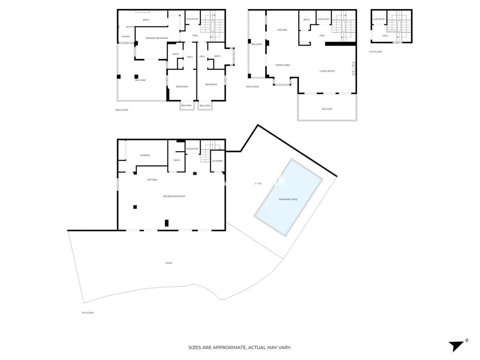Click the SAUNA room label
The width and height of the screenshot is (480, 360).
[x=126, y=36]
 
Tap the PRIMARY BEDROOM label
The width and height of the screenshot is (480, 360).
[x=156, y=38]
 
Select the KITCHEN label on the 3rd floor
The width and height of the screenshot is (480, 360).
[x=282, y=30]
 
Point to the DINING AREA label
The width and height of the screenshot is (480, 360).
[x=282, y=65]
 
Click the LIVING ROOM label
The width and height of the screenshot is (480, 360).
[x=327, y=71]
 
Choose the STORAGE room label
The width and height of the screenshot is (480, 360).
[x=145, y=155]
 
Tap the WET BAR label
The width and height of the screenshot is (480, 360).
[x=152, y=180]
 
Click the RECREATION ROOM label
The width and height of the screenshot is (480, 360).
[x=174, y=196]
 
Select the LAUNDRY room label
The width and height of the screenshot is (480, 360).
[x=217, y=161]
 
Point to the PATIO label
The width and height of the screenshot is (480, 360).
[x=169, y=263]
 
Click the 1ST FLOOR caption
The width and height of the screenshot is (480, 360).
[x=87, y=313]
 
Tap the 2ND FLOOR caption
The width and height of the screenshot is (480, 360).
[x=122, y=110]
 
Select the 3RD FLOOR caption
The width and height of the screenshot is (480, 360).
[x=252, y=87]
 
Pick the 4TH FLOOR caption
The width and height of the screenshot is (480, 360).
[x=375, y=52]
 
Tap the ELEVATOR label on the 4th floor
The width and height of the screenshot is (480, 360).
[x=379, y=19]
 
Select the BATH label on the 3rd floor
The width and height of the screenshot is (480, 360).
[x=306, y=20]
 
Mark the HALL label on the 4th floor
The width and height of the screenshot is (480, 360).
[x=385, y=36]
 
